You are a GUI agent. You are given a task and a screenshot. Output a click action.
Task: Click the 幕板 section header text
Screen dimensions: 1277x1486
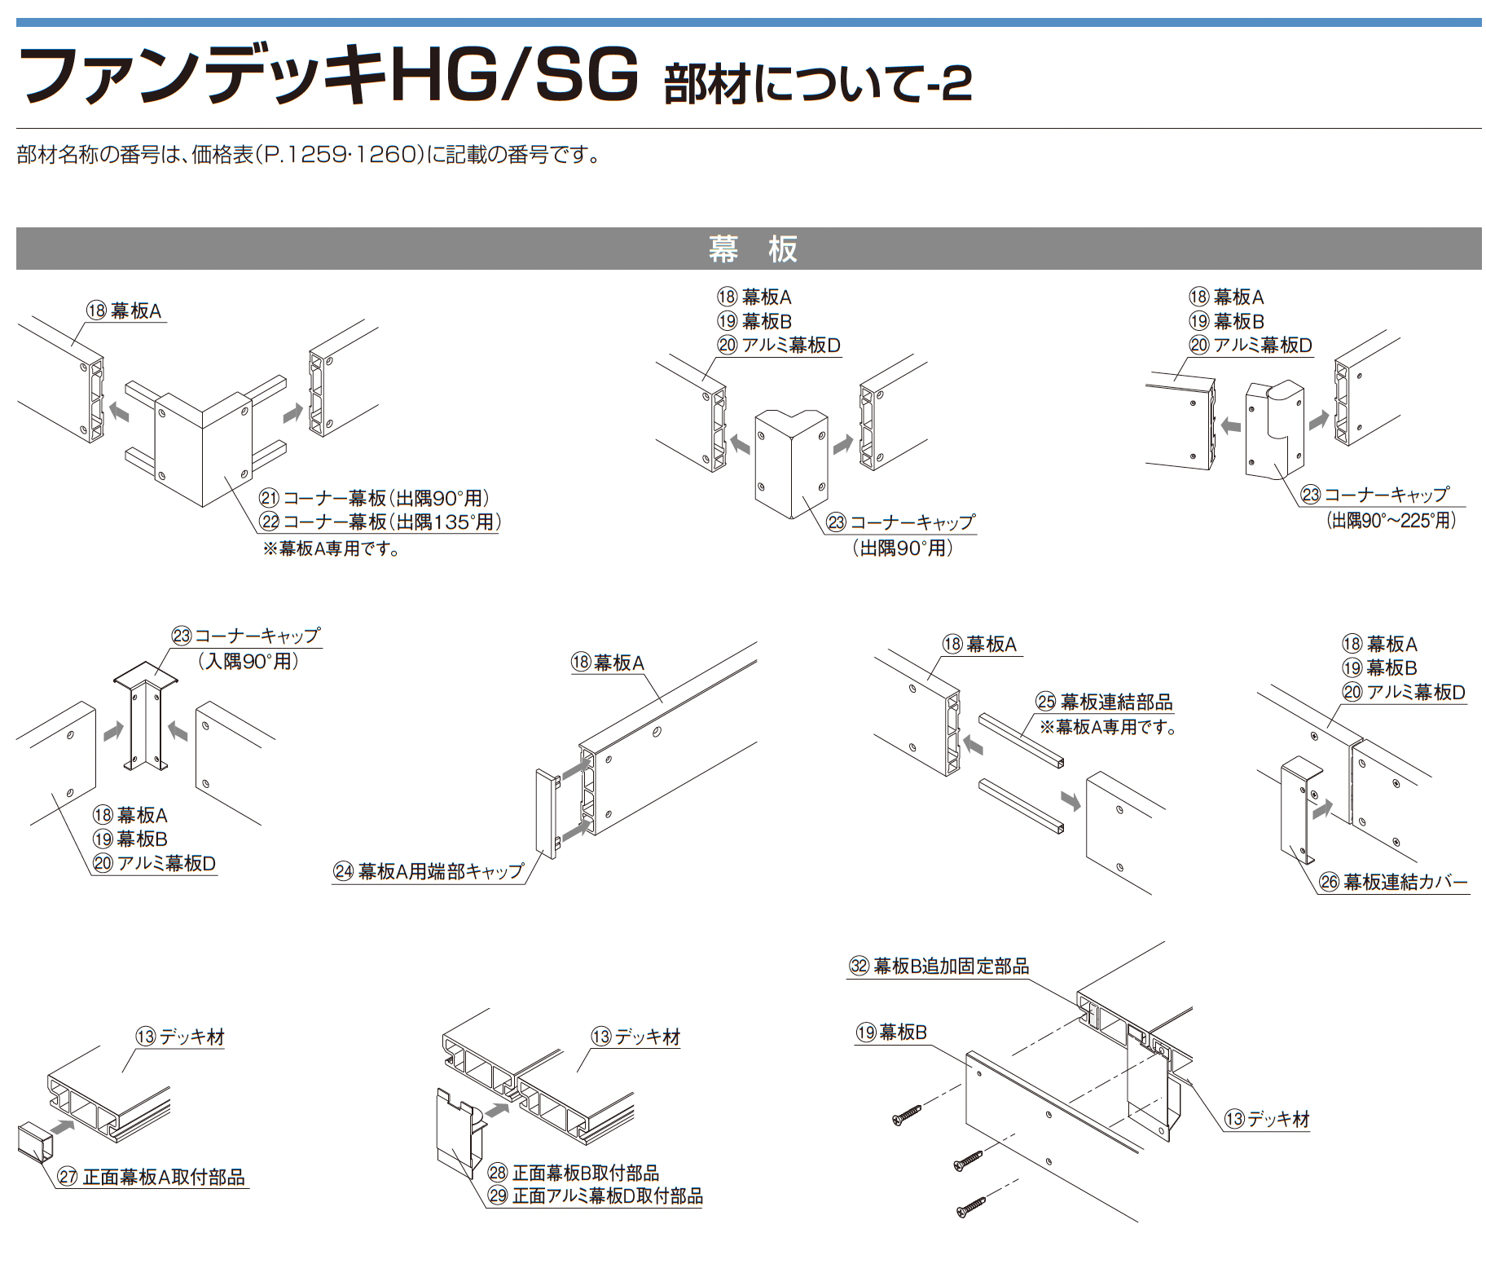point(751,249)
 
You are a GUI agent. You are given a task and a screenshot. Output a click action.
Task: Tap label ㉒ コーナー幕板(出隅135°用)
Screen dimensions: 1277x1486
point(380,522)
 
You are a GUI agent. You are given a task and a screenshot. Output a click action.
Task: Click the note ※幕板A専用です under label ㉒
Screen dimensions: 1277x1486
point(331,548)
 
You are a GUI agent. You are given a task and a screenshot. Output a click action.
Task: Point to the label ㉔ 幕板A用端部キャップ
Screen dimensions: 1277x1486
point(429,871)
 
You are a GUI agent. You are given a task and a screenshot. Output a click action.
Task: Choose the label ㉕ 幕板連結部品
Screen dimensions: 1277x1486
point(1105,702)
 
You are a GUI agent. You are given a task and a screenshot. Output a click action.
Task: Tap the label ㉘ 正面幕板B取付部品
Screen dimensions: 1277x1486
point(574,1173)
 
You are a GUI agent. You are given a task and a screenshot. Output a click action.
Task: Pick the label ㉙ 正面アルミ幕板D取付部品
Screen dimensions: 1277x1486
point(596,1196)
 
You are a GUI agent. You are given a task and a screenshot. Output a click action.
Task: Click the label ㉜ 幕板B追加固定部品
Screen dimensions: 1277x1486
point(939,967)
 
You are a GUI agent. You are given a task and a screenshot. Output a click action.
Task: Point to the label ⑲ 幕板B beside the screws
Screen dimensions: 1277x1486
point(891,1033)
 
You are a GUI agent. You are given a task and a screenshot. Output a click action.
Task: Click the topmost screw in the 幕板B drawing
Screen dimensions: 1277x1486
point(907,1115)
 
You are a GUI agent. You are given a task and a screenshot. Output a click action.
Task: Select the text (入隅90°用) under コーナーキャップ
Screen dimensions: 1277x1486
point(248,661)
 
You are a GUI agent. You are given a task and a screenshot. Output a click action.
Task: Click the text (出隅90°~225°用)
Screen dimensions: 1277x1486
point(1391,520)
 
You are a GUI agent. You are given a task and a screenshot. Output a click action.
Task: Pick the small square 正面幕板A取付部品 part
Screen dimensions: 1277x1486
point(34,1143)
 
